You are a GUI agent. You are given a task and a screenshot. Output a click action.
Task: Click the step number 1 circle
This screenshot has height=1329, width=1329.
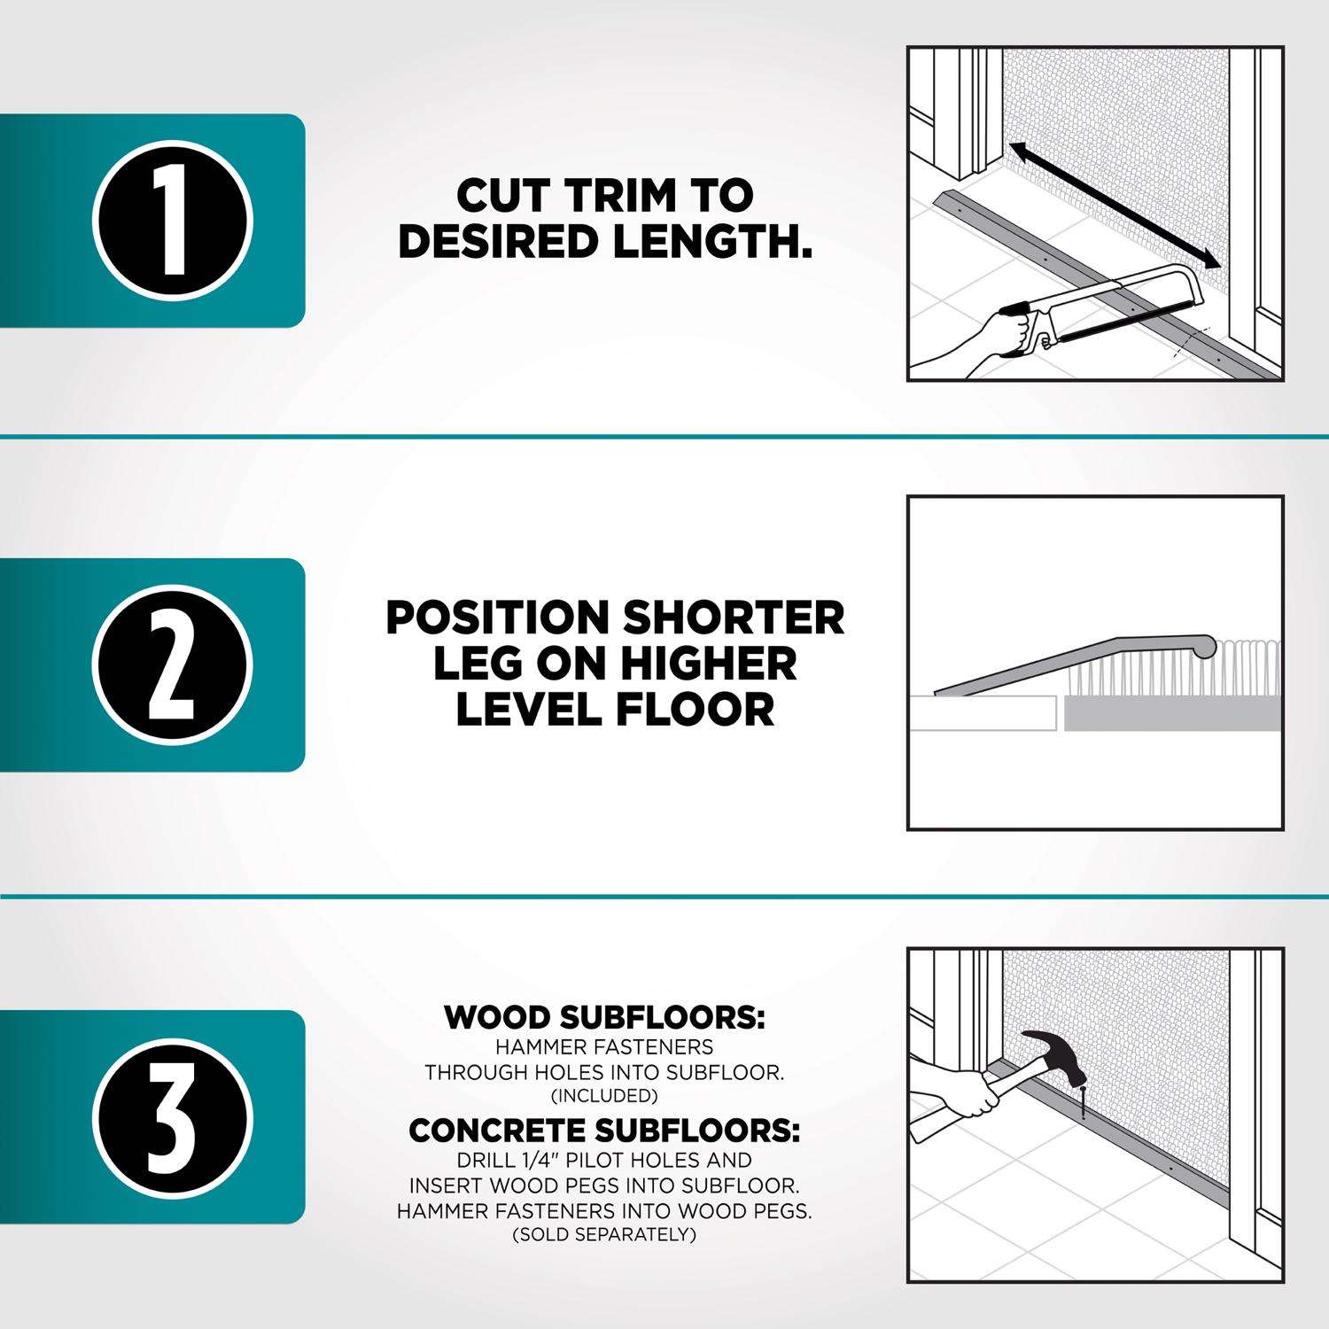point(174,221)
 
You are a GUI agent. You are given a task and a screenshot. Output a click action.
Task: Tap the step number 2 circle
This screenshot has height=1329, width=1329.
point(174,664)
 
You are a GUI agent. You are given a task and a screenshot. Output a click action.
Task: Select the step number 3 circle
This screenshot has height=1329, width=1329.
point(174,1117)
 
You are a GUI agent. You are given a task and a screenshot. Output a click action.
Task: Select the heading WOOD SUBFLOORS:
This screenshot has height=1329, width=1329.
point(604,1017)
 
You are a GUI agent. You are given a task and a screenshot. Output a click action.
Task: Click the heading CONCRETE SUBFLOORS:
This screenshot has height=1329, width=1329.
point(604,1131)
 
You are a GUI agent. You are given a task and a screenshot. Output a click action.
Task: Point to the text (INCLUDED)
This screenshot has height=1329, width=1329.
point(604,1096)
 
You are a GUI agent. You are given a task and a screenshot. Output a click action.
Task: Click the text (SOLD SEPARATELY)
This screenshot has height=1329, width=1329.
point(604,1233)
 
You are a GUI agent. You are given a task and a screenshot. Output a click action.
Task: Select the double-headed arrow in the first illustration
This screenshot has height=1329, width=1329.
point(1115,205)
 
